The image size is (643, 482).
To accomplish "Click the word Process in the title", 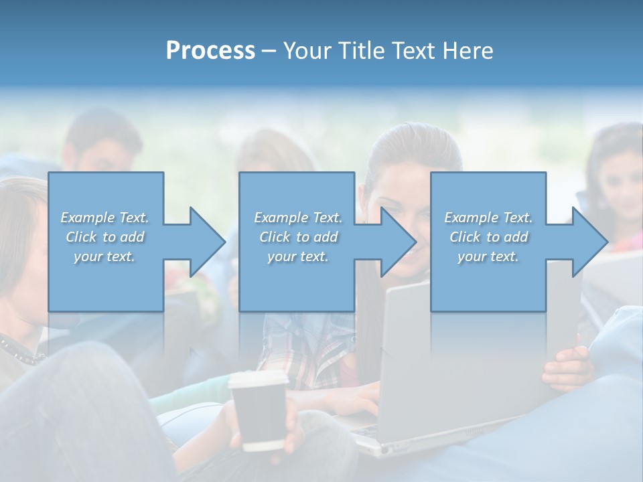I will [x=210, y=51].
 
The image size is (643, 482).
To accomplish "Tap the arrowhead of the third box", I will [x=589, y=242].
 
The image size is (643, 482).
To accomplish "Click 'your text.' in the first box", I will [x=104, y=256].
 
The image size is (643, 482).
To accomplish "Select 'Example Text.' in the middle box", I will [x=298, y=218].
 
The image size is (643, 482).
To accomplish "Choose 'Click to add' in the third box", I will [x=488, y=237].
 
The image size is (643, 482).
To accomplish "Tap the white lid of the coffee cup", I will [x=258, y=380].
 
